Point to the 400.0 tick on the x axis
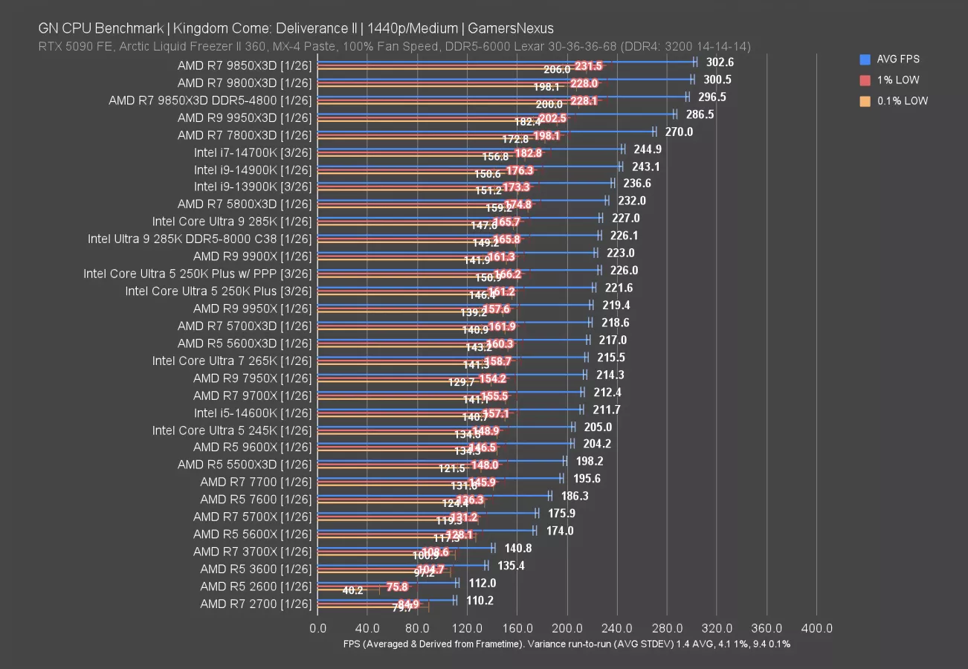point(817,628)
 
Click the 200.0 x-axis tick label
point(567,628)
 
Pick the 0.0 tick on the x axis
point(317,628)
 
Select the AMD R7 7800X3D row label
point(245,135)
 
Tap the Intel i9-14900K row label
point(253,169)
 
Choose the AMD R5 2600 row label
point(256,586)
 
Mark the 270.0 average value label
point(678,132)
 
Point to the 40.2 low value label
point(352,591)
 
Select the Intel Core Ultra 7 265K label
point(232,361)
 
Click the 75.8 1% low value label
point(397,586)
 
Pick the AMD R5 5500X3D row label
point(245,465)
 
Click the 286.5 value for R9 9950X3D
point(699,114)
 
